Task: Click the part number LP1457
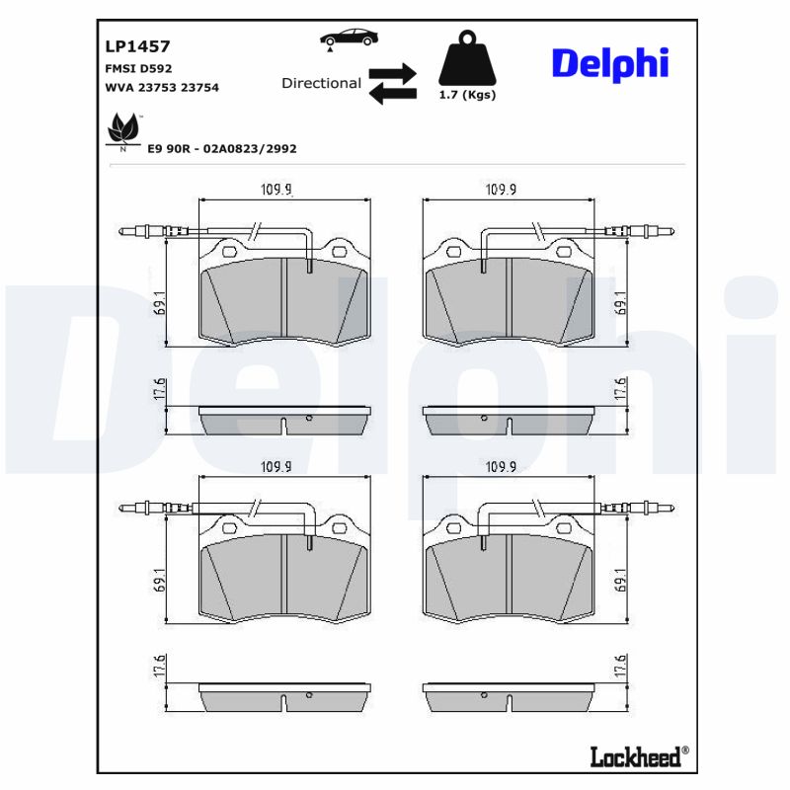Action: pyautogui.click(x=137, y=46)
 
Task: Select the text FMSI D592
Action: pyautogui.click(x=138, y=68)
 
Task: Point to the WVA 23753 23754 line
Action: pyautogui.click(x=162, y=88)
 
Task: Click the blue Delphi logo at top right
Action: pyautogui.click(x=609, y=63)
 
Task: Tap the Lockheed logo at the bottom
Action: pyautogui.click(x=636, y=757)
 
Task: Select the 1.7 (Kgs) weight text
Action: pyautogui.click(x=467, y=96)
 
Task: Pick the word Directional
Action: pyautogui.click(x=321, y=84)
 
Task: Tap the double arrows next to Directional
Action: pyautogui.click(x=392, y=84)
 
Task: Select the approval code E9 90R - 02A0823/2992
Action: pyautogui.click(x=221, y=148)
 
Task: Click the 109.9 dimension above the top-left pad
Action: pyautogui.click(x=276, y=190)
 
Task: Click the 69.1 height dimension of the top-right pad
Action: pyautogui.click(x=619, y=302)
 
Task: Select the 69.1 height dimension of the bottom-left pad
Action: pyautogui.click(x=159, y=580)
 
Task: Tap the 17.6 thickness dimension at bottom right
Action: pyautogui.click(x=619, y=666)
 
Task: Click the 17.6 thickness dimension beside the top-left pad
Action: pyautogui.click(x=159, y=389)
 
